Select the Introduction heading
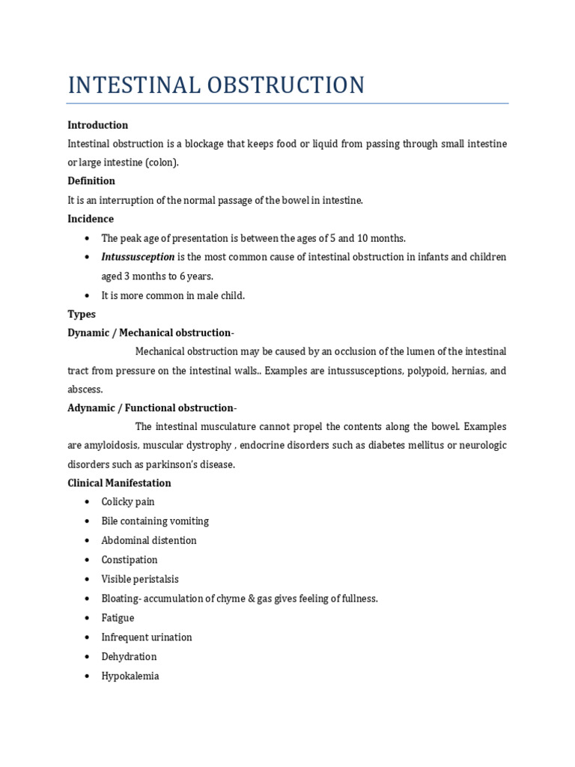[x=97, y=125]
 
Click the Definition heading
[x=91, y=181]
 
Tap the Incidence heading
[x=91, y=219]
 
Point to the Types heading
[x=82, y=314]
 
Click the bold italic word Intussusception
[x=138, y=257]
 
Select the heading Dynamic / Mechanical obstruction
[x=151, y=333]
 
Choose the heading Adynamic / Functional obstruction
[x=152, y=407]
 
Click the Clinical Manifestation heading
[x=119, y=483]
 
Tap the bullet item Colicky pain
[x=128, y=502]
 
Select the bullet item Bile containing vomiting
[x=155, y=521]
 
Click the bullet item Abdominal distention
[x=149, y=541]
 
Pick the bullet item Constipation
[x=130, y=560]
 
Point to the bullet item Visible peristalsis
[x=140, y=579]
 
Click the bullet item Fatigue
[x=118, y=618]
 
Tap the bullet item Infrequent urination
[x=147, y=637]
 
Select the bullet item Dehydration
[x=129, y=657]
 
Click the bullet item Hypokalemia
[x=130, y=676]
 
